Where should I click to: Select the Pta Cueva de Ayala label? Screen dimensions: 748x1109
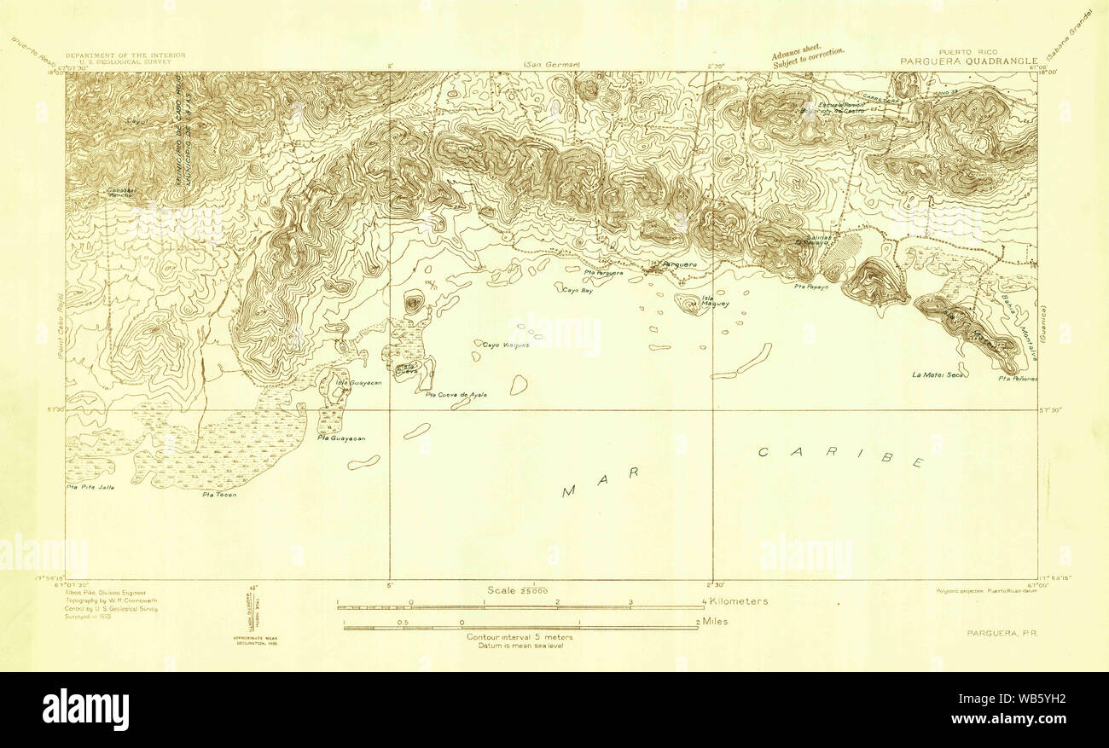[x=456, y=395]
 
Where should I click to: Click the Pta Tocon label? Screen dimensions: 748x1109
[x=218, y=495]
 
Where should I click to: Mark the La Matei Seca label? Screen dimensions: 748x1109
[x=937, y=374]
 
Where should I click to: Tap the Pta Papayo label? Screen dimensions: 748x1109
[x=810, y=287]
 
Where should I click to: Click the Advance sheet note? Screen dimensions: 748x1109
[x=808, y=56]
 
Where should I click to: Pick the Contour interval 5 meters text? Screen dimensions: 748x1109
[x=520, y=637]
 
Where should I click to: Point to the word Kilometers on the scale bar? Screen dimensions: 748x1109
[x=738, y=601]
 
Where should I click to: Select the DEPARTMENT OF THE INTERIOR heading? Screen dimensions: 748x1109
[x=125, y=55]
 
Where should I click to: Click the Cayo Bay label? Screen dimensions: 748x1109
[x=577, y=291]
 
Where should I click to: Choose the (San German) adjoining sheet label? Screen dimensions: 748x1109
[x=551, y=66]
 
